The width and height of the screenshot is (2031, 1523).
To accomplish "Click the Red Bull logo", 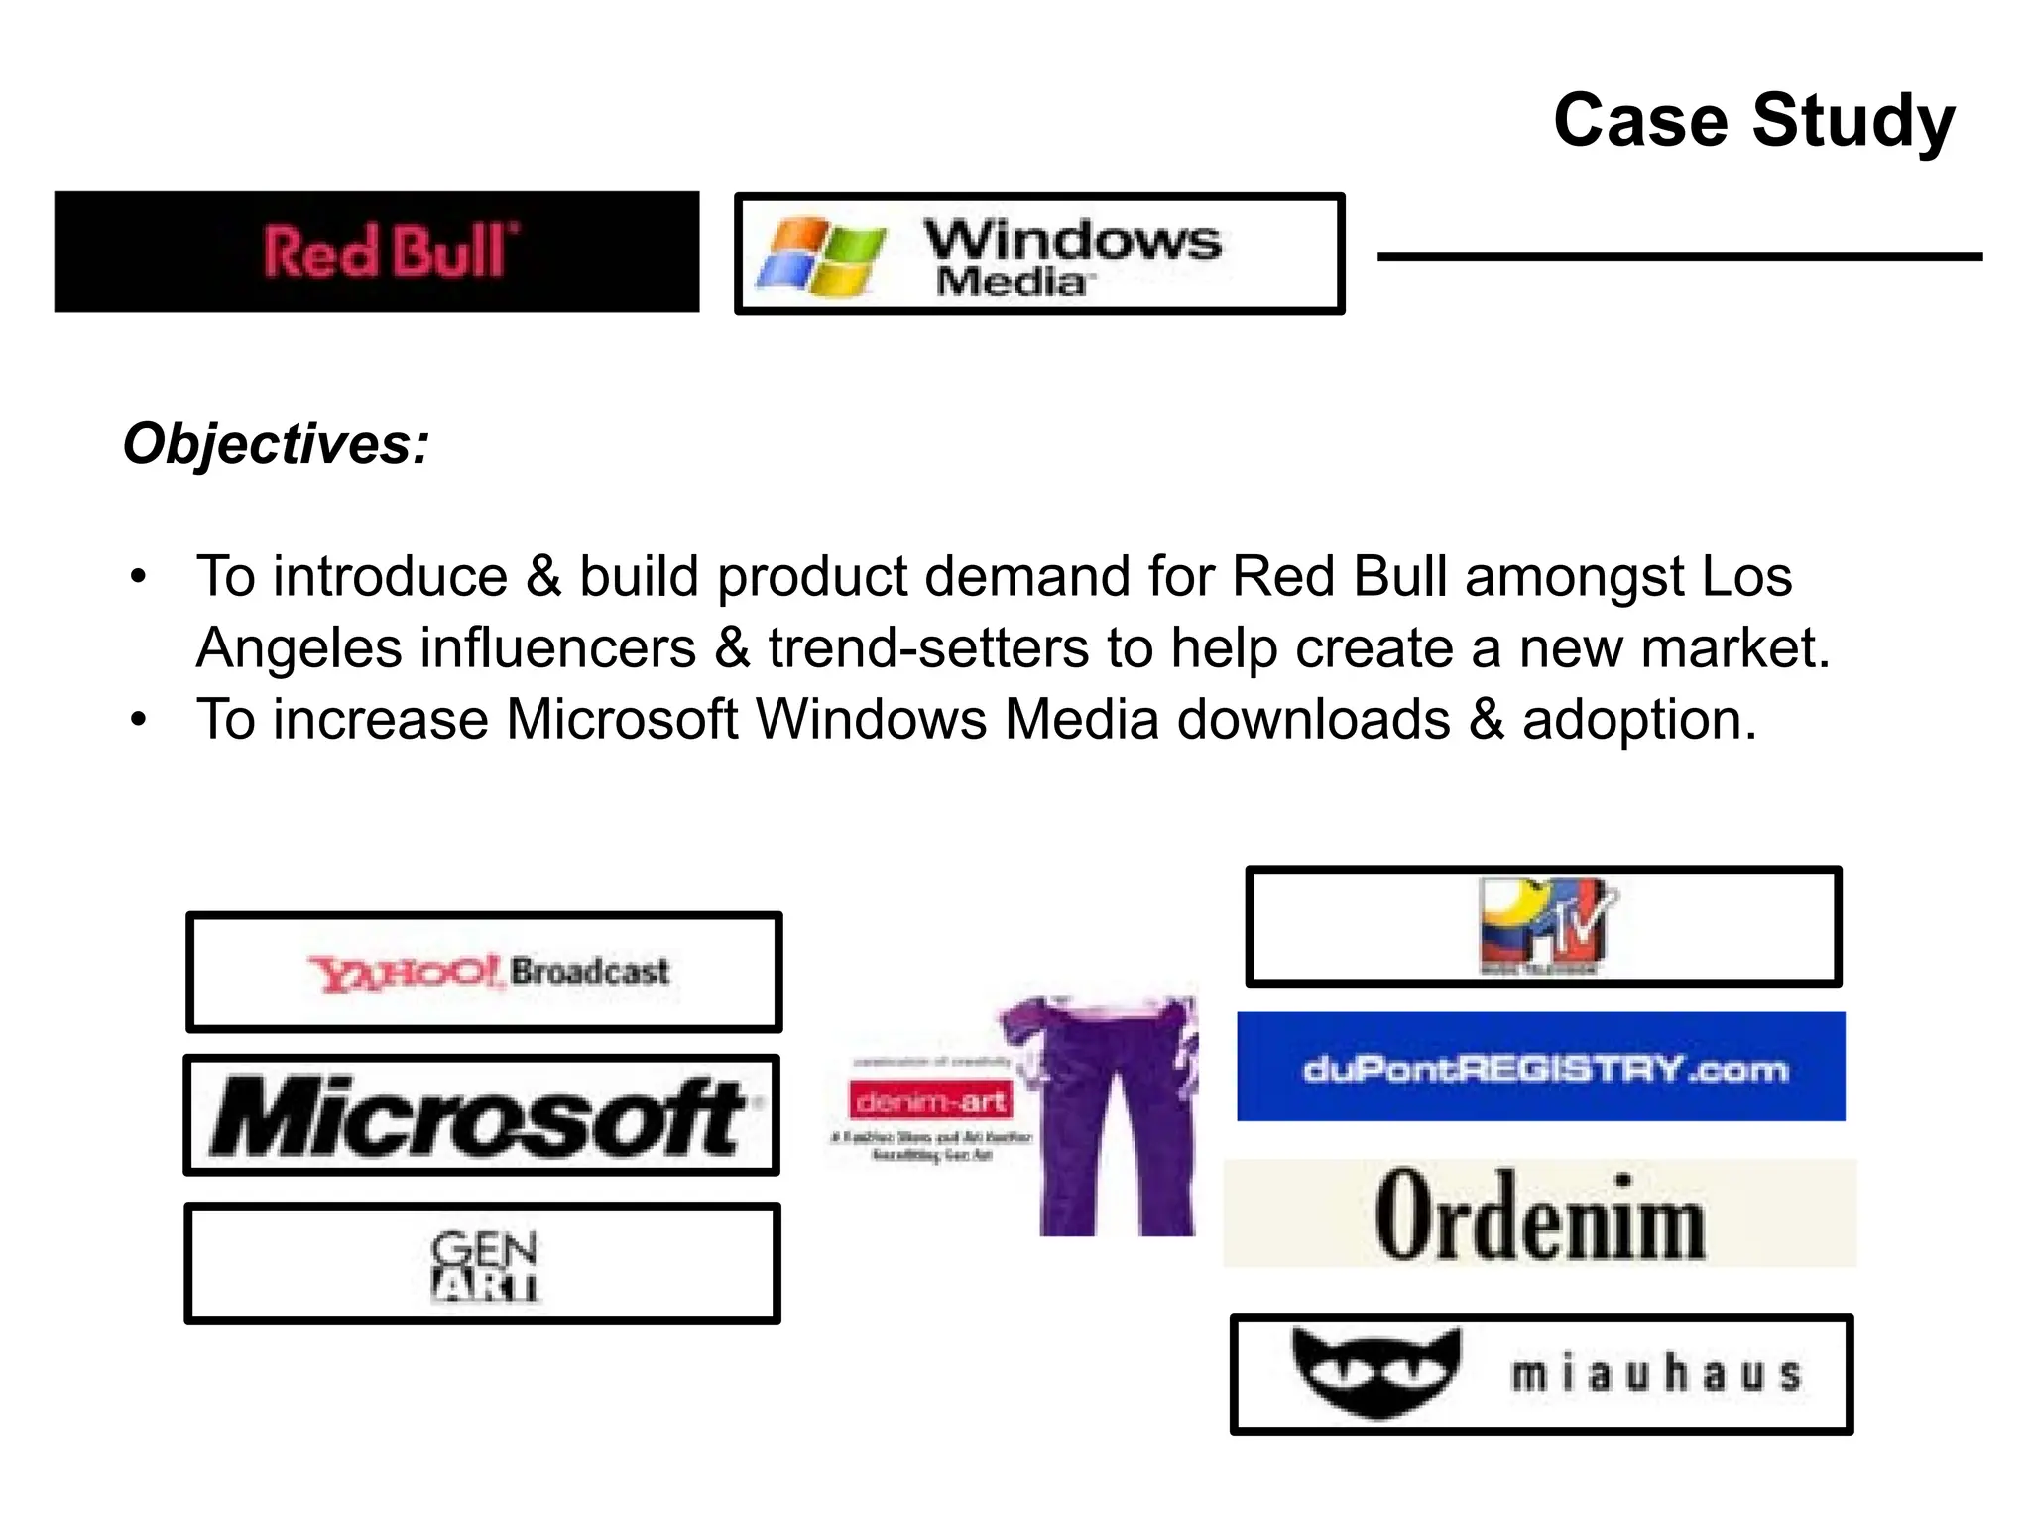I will click(389, 251).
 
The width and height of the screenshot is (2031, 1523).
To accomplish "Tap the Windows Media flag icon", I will click(819, 256).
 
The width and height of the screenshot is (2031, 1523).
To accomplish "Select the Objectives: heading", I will click(276, 443).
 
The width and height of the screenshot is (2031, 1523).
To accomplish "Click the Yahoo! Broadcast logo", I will click(488, 972).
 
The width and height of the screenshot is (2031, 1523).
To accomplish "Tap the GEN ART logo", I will click(484, 1264).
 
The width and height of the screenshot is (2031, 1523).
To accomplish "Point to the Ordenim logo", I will click(1539, 1215).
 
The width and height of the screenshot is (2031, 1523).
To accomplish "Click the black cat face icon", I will click(1376, 1371).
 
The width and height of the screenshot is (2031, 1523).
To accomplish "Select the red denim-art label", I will click(929, 1101).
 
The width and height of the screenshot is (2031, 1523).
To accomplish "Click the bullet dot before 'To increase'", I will click(139, 720).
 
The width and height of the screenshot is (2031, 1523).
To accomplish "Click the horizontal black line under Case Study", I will click(1679, 257).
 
